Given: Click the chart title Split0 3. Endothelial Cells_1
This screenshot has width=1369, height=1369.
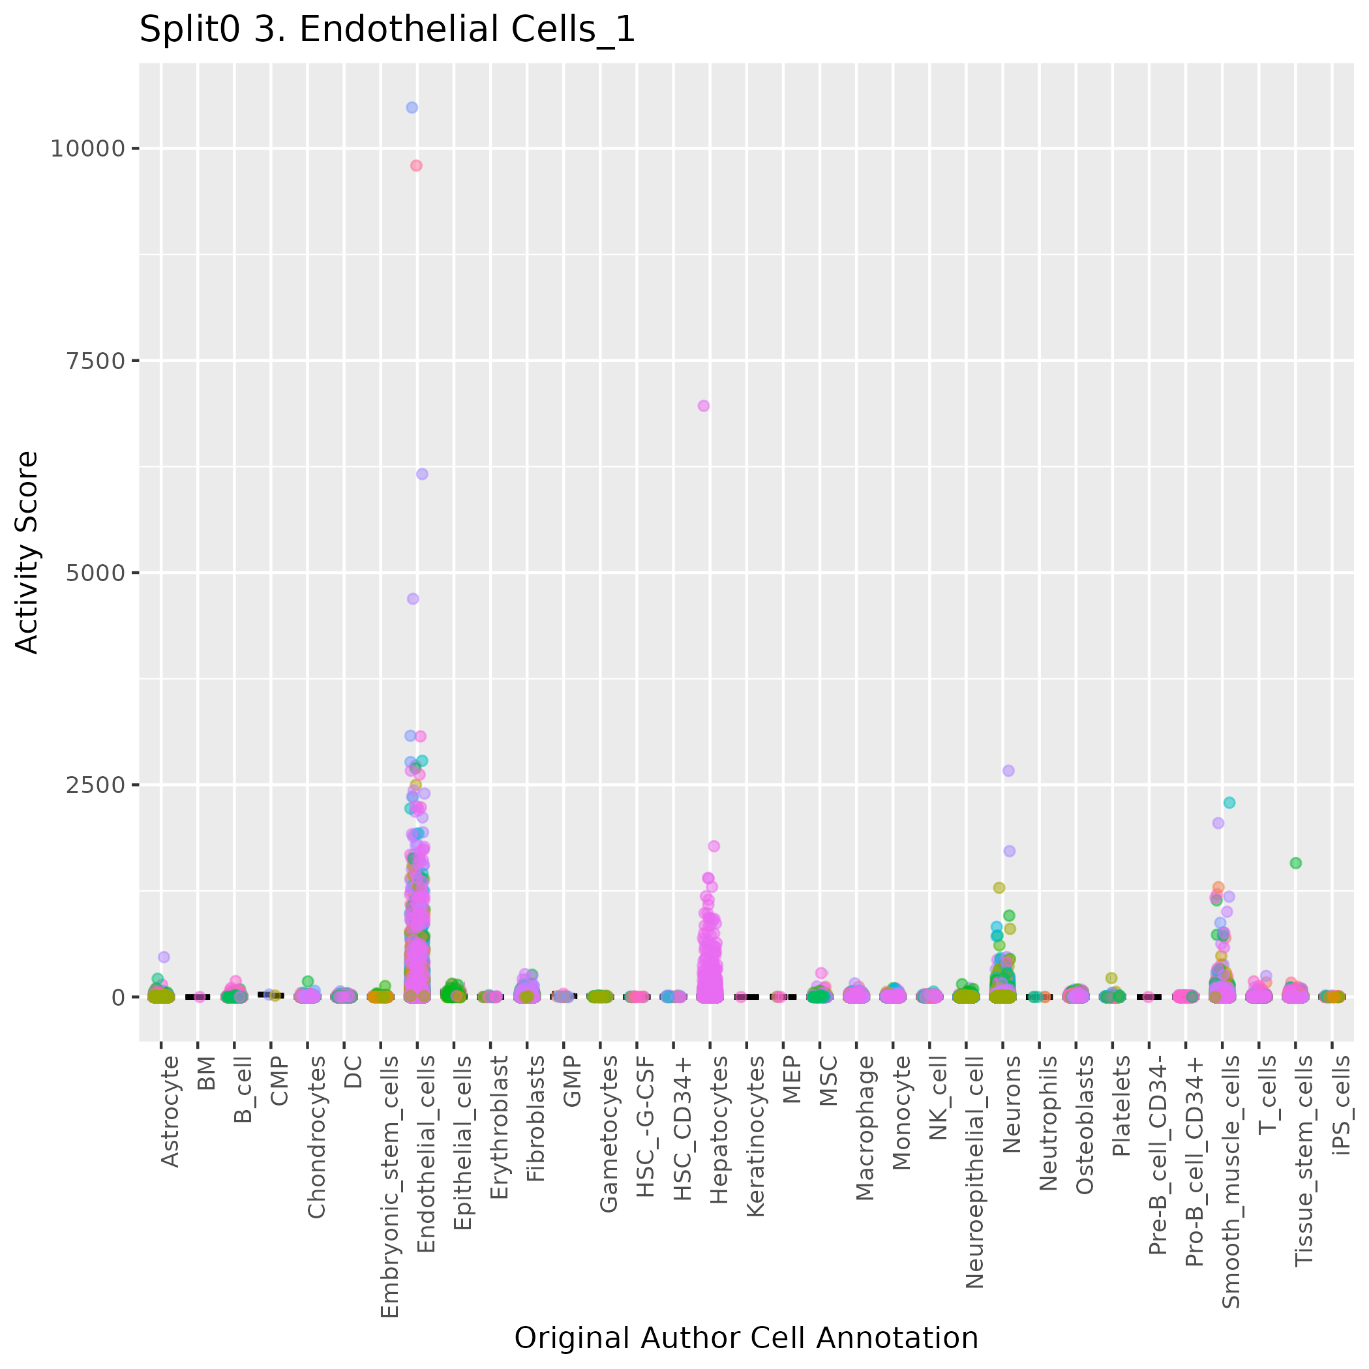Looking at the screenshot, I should (x=387, y=31).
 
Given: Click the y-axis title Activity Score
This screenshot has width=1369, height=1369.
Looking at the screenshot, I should (x=27, y=552).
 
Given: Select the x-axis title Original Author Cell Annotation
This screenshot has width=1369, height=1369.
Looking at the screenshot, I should (x=745, y=1338).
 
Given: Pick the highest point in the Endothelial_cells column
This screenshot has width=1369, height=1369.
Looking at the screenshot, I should (x=412, y=108).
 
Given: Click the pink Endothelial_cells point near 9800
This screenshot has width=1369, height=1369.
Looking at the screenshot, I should (x=416, y=166).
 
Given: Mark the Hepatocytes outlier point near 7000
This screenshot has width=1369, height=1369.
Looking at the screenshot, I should (x=704, y=406).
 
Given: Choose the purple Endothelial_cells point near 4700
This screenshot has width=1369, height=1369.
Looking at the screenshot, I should (x=413, y=599).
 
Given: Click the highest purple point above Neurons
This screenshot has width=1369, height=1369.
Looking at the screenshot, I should (x=1008, y=771).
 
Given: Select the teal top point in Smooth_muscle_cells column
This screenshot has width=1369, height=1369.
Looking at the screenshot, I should (x=1229, y=803).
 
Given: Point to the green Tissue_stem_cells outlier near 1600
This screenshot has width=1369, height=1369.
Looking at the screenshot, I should (x=1296, y=863).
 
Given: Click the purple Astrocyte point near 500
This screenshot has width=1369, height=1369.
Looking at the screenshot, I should (x=164, y=957).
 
